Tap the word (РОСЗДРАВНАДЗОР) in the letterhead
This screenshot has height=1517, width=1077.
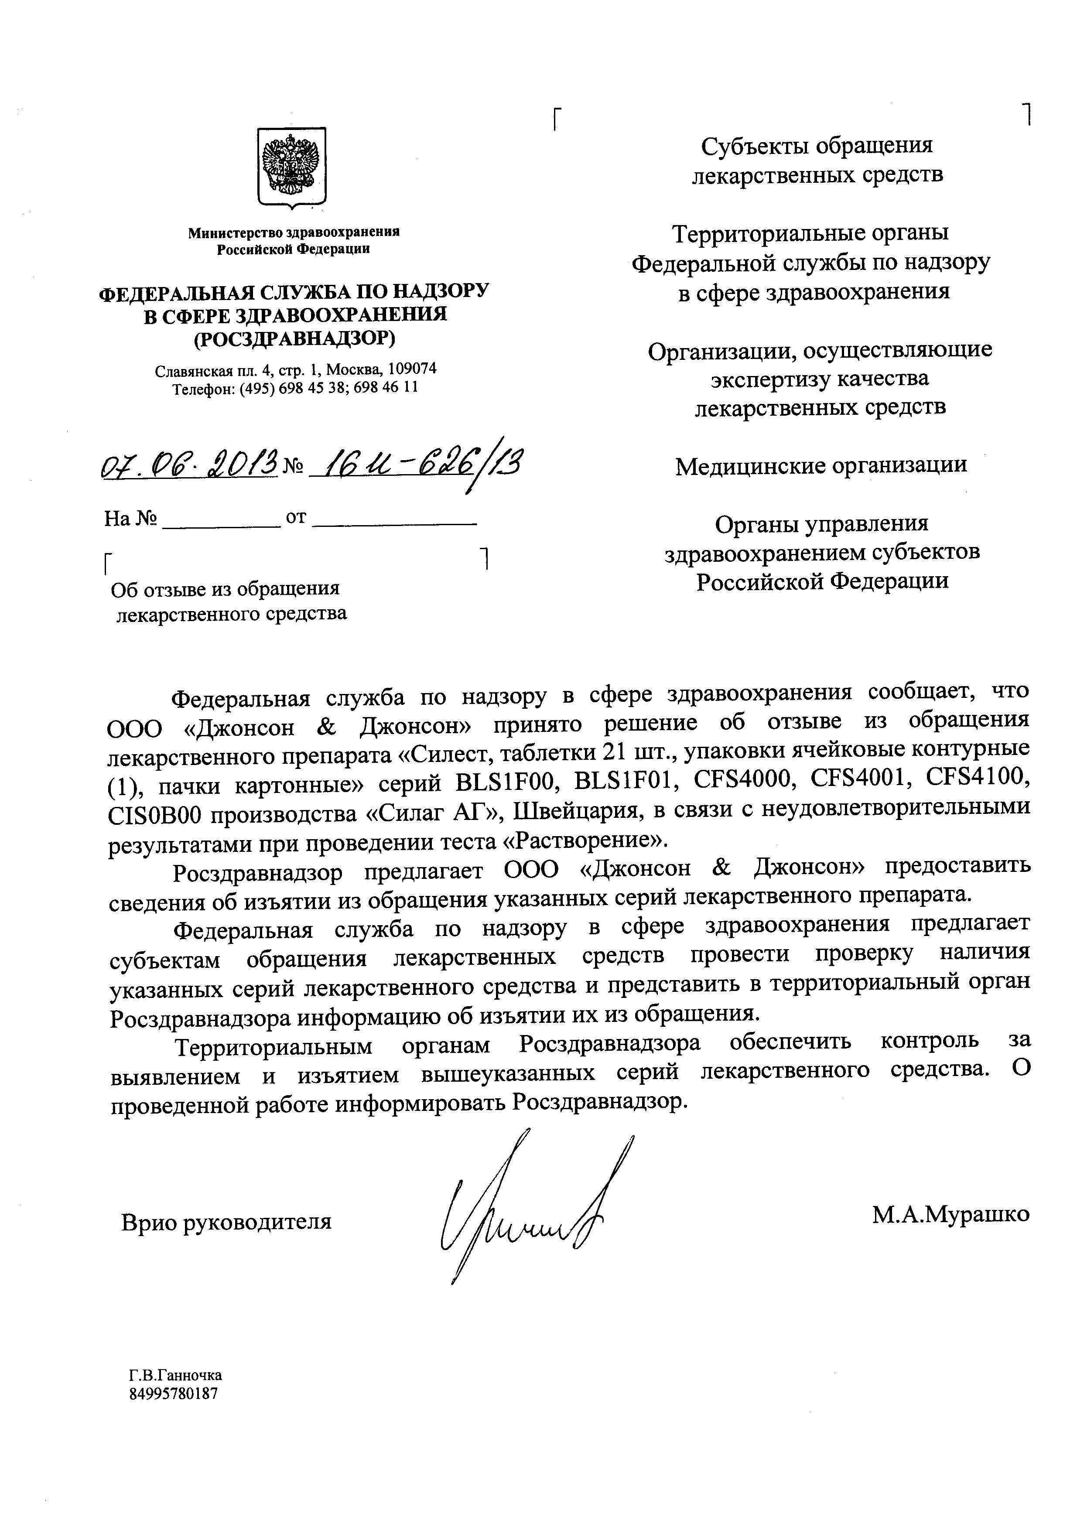click(294, 339)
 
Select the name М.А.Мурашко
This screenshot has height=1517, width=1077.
click(951, 1213)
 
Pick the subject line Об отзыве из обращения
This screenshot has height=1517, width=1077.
click(226, 589)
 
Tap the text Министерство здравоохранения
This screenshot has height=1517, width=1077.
click(294, 232)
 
